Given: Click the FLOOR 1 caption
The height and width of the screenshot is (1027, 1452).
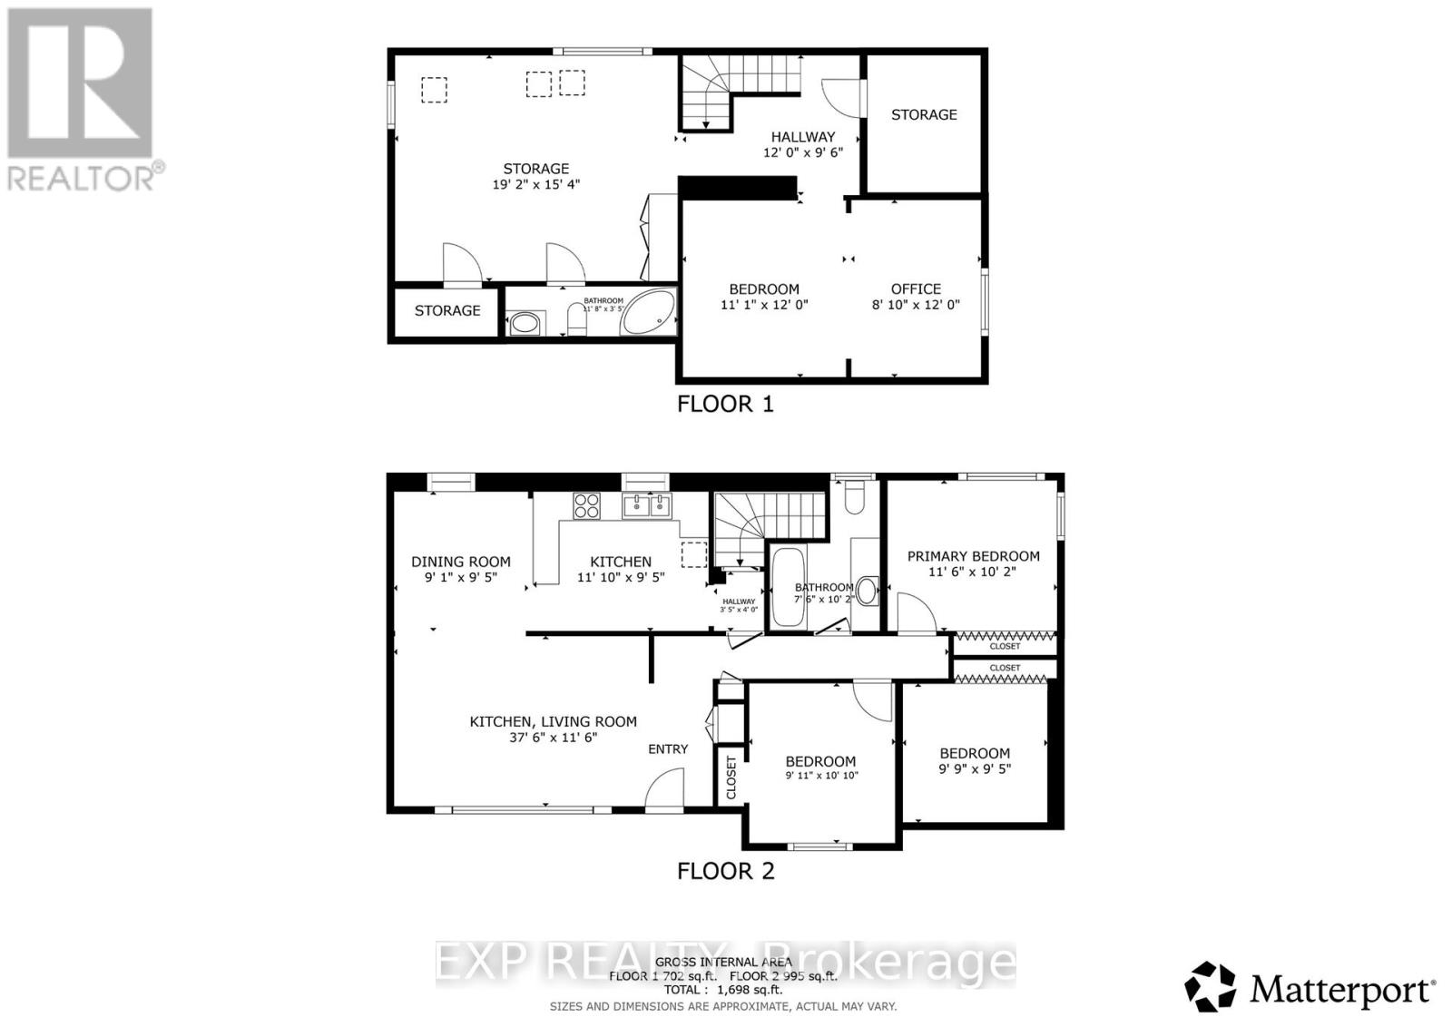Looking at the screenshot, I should click(x=725, y=404).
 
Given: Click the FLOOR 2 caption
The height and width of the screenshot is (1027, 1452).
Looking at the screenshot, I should click(x=725, y=871).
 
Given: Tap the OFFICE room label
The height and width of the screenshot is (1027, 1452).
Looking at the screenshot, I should click(x=916, y=289).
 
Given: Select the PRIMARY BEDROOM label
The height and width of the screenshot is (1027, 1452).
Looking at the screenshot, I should click(x=973, y=556).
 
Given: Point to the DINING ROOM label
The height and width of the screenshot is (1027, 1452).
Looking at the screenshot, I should click(x=460, y=562).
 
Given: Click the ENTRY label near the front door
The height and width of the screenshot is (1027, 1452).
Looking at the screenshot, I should click(x=668, y=748).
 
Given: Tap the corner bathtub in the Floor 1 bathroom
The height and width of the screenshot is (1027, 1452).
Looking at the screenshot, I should click(x=648, y=314).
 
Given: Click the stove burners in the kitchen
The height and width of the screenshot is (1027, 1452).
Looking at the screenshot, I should click(x=586, y=505).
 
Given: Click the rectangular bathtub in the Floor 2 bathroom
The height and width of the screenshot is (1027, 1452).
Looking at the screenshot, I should click(x=786, y=587).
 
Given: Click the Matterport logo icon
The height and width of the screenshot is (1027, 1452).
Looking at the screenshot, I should click(x=1211, y=987).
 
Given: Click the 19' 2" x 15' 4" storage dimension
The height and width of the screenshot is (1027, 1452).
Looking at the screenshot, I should click(x=535, y=184).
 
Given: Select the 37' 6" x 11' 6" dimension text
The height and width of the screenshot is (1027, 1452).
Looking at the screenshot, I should click(x=553, y=738).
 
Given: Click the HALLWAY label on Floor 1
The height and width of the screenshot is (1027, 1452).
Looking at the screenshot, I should click(x=802, y=136).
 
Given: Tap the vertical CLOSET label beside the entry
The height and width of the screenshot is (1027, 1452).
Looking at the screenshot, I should click(x=731, y=776).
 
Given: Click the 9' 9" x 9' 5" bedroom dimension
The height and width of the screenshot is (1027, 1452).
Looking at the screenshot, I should click(x=975, y=768).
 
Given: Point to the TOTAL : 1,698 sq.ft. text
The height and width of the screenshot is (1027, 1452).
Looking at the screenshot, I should click(x=722, y=990).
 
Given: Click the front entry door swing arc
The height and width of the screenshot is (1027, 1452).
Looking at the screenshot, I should click(x=664, y=786).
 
